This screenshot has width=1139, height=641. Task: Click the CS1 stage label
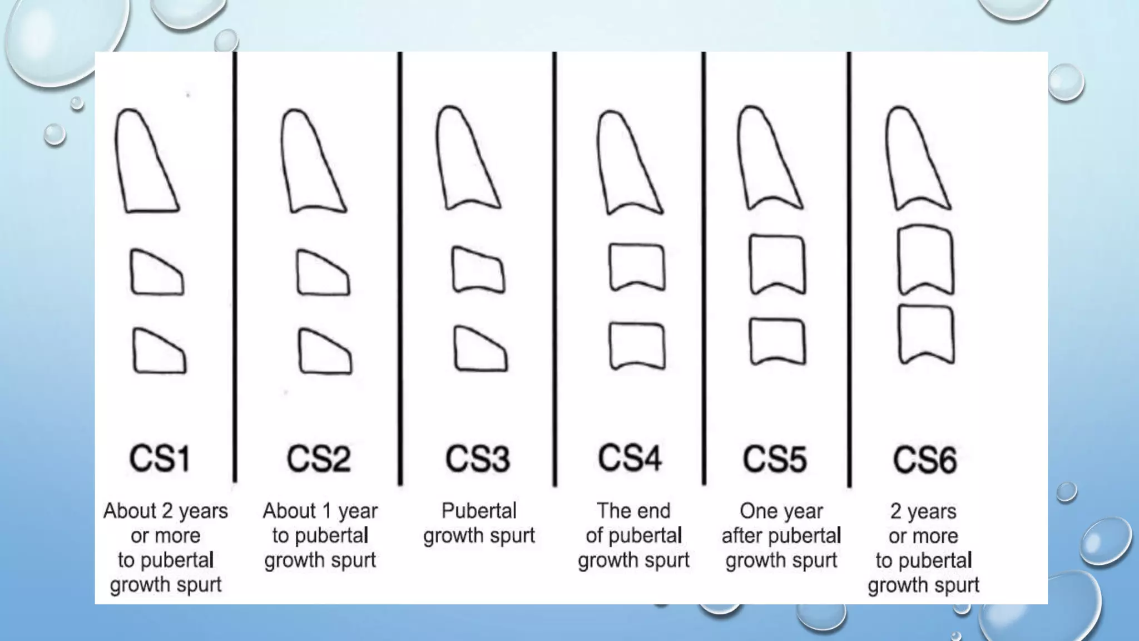click(160, 459)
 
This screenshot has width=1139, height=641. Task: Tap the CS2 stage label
click(319, 459)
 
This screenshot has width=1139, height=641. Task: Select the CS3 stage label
click(478, 459)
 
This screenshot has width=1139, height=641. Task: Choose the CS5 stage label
click(775, 459)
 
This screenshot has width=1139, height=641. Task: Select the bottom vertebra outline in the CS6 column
click(926, 334)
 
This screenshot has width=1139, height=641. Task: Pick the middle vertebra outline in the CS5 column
click(777, 264)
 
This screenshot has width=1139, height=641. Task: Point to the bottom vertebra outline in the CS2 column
click(324, 352)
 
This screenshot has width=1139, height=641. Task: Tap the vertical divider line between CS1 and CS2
click(235, 267)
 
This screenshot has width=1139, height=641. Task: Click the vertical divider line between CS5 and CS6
click(849, 267)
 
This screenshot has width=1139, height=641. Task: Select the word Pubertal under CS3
click(479, 511)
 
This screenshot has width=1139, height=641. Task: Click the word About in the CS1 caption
click(130, 511)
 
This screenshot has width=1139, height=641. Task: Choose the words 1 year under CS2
click(351, 511)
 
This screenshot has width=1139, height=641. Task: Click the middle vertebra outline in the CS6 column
click(926, 259)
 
